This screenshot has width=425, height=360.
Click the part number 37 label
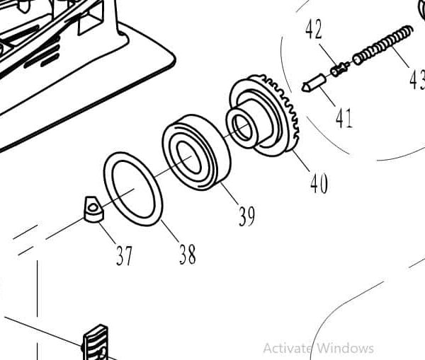[x=124, y=255]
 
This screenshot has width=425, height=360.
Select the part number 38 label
[x=187, y=254]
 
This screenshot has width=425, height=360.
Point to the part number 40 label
[x=319, y=183]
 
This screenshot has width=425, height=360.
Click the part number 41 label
[x=344, y=118]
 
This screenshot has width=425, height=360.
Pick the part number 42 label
[x=314, y=30]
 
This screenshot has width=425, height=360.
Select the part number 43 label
[x=416, y=79]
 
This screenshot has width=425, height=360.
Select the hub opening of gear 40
[x=242, y=128]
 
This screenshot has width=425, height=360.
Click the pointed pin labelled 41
[x=312, y=83]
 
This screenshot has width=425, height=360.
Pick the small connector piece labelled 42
[x=339, y=69]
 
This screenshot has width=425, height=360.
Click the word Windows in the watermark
[x=345, y=347]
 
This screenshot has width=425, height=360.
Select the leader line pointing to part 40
[x=300, y=160]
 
